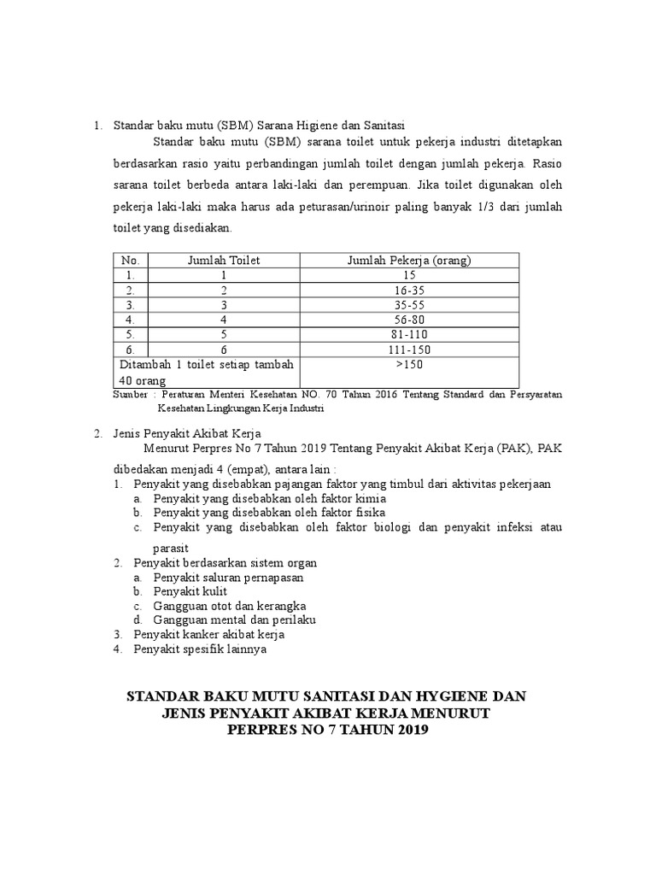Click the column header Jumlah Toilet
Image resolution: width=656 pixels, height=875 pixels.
click(224, 261)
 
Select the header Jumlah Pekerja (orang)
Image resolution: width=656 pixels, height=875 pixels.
click(409, 261)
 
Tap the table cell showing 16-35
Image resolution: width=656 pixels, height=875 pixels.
click(410, 290)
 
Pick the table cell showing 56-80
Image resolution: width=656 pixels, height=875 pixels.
click(410, 319)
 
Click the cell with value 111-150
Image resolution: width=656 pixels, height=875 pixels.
click(410, 349)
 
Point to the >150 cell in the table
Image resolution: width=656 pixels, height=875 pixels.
click(410, 365)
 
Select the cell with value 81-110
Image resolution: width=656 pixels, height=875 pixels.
click(410, 334)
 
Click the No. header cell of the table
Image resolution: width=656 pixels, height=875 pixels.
click(130, 261)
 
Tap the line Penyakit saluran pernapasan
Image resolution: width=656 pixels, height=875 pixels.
click(228, 578)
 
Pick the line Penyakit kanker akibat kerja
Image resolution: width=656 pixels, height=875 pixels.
click(209, 635)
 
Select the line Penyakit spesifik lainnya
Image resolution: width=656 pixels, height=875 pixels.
click(201, 649)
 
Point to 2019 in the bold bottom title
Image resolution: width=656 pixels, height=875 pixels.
click(407, 731)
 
